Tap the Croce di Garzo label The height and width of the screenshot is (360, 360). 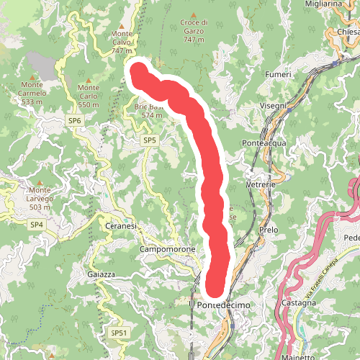pyautogui.click(x=194, y=31)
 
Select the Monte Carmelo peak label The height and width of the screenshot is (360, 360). pyautogui.click(x=34, y=97)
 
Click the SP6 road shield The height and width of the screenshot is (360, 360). pyautogui.click(x=75, y=120)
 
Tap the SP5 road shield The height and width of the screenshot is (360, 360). pyautogui.click(x=149, y=140)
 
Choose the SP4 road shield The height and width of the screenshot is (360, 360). pyautogui.click(x=37, y=225)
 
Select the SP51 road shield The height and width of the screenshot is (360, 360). pyautogui.click(x=119, y=333)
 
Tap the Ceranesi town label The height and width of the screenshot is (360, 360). pyautogui.click(x=121, y=227)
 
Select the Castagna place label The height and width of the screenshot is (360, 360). pyautogui.click(x=300, y=303)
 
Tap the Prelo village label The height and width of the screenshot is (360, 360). pyautogui.click(x=268, y=230)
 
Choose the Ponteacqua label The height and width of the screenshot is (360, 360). pyautogui.click(x=264, y=143)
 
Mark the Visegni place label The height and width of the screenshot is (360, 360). pyautogui.click(x=273, y=106)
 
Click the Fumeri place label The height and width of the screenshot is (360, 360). pyautogui.click(x=278, y=74)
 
